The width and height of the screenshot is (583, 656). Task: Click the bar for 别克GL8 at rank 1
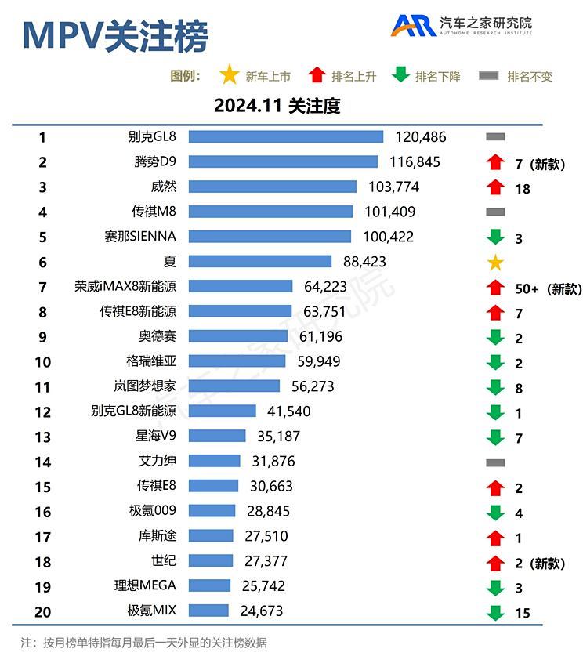pos(285,137)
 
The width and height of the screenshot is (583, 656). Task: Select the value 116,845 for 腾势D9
pos(415,162)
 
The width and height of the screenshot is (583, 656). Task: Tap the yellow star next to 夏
pos(495,263)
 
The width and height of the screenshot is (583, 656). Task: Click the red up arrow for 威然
pos(494,187)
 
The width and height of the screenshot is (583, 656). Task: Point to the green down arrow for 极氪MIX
pos(494,611)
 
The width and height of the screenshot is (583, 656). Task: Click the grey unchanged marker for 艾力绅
pos(495,462)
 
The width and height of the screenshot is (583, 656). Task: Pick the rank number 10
pos(42,361)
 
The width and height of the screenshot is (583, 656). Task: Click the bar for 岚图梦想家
pos(234,386)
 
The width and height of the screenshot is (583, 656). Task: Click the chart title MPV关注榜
pos(115,36)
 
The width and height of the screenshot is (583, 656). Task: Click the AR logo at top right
pos(414,25)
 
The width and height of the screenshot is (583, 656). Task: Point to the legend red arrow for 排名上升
pos(317,75)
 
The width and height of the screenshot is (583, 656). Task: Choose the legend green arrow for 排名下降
pos(400,75)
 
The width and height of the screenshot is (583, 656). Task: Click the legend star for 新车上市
pos(230,75)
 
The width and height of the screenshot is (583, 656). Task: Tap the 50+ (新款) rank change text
pos(548,288)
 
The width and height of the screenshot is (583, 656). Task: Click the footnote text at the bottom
pos(144,643)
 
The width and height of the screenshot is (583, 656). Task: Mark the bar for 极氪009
pos(212,511)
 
